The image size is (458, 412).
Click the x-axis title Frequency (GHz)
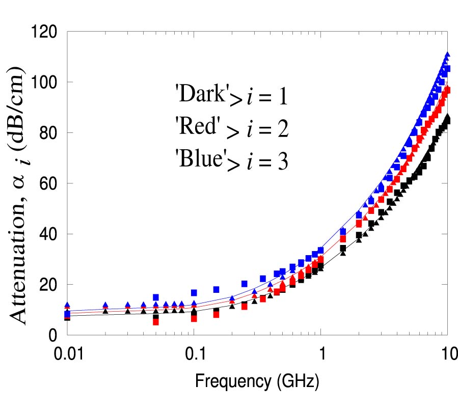pos(257,379)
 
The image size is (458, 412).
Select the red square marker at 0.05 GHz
pos(156,321)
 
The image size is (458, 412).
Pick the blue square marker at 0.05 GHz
pos(156,297)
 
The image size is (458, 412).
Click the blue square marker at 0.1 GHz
pos(194,293)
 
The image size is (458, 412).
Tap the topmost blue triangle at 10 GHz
pos(447,54)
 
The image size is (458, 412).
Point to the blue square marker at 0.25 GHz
pos(245,284)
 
